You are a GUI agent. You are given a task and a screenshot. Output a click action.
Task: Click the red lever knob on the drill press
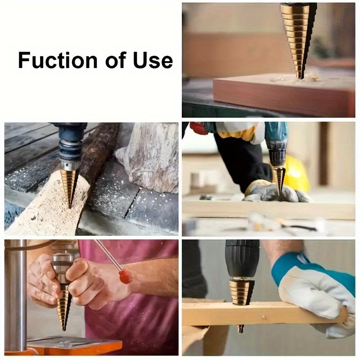tap(126, 276)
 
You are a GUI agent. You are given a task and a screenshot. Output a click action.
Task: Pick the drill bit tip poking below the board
tap(240, 328)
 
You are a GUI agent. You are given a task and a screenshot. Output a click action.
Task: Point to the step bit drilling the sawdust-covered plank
tap(69, 184)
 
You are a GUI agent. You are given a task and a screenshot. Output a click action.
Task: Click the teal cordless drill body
tap(275, 135)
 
